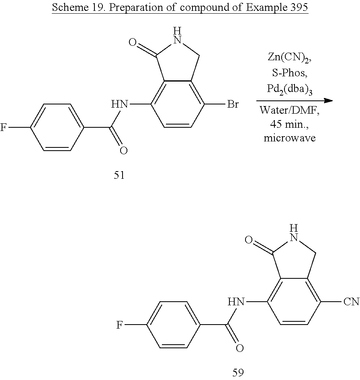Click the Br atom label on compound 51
click(233, 105)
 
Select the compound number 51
click(119, 176)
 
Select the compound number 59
click(238, 372)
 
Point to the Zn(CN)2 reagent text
click(289, 57)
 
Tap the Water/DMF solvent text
click(289, 110)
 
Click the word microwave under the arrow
click(289, 138)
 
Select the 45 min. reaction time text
click(289, 124)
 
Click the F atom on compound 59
click(119, 325)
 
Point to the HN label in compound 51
click(120, 105)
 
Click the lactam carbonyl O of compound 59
click(248, 241)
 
